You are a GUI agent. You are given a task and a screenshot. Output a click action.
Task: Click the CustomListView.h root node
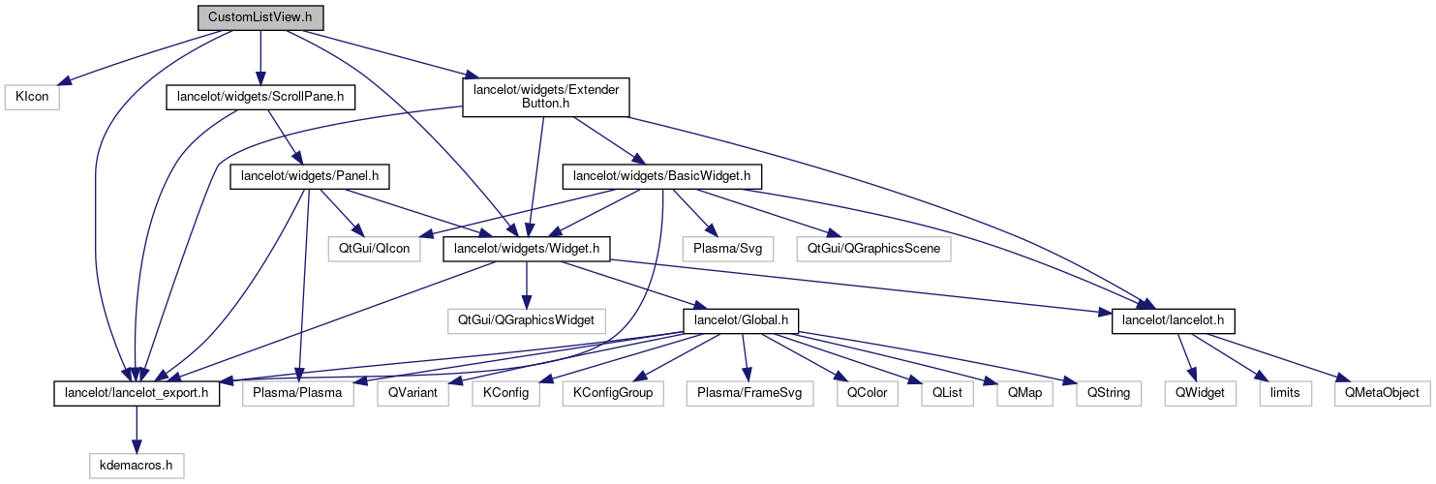260,17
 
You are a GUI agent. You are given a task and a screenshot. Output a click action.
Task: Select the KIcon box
32,98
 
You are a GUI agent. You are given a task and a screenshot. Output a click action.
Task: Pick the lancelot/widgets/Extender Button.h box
547,98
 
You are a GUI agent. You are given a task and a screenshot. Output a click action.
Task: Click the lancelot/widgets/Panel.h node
309,177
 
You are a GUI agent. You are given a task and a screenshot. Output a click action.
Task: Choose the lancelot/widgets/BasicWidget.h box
662,177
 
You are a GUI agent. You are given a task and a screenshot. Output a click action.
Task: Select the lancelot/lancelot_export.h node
136,393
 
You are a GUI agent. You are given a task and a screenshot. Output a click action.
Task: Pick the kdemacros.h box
137,466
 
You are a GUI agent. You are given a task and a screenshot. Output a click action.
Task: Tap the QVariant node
413,393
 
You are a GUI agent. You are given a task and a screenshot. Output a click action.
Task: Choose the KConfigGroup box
613,393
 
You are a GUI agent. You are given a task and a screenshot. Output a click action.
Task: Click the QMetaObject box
1380,393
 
